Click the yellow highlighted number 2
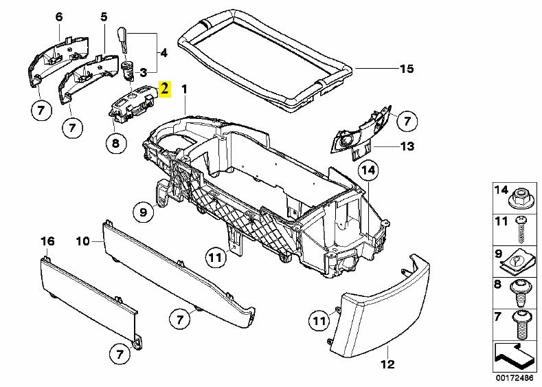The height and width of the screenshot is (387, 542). point(164,89)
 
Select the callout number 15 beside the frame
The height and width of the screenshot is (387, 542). point(408,69)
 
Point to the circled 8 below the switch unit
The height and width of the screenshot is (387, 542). point(115,143)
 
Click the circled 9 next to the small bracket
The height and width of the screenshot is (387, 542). point(144,213)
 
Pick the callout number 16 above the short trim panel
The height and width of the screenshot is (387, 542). point(47,241)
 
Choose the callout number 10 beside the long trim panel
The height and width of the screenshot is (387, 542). point(82,241)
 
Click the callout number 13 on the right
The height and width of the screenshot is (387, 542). point(408,146)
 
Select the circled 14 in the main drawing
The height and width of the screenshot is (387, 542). point(368,169)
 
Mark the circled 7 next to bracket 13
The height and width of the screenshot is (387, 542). point(407,122)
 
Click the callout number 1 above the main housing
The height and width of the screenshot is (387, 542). point(183,89)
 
